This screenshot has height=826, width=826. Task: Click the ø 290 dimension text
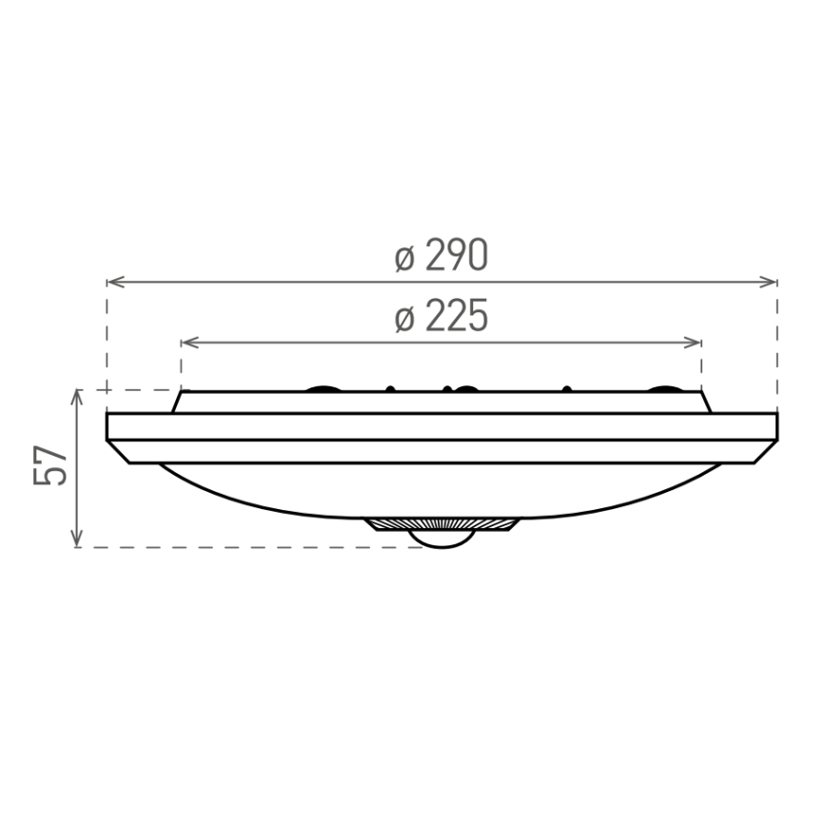click(442, 256)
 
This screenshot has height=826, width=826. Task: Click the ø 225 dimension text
click(442, 317)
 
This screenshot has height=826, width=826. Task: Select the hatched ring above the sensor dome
click(442, 524)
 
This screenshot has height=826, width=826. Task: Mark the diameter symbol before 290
click(404, 258)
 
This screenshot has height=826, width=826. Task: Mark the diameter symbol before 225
click(404, 319)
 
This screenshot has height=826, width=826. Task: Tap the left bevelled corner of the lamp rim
click(120, 452)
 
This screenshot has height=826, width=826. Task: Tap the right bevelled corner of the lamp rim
click(765, 452)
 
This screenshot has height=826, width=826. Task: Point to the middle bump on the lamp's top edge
click(465, 388)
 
